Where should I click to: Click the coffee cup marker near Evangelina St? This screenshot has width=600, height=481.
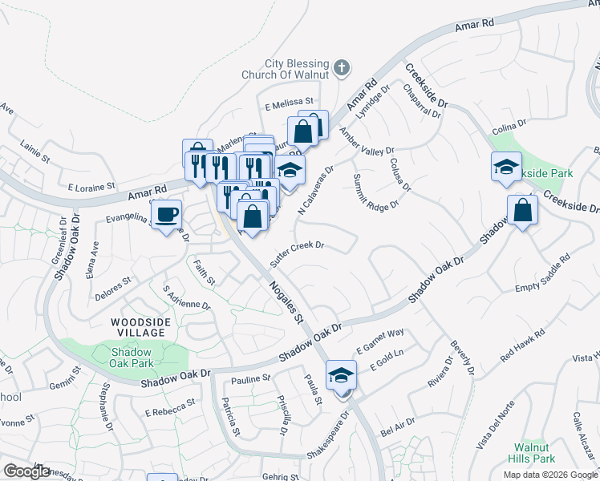coord(166,215)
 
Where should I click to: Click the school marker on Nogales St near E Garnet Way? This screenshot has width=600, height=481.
coord(341,375)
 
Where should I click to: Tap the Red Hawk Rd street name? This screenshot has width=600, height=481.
coord(522,342)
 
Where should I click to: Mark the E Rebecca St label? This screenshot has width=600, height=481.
coord(170,407)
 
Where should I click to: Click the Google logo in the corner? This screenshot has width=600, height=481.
coord(26,471)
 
